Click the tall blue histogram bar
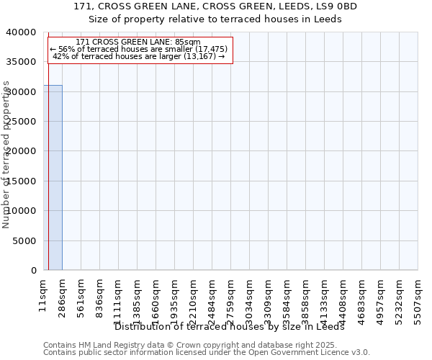tap(53, 177)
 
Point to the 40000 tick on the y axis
tap(22, 32)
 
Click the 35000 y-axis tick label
tap(22, 62)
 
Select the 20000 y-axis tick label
tap(22, 151)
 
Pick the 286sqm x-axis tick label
tap(63, 294)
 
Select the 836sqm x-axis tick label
tap(100, 294)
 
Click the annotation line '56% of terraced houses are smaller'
tap(139, 49)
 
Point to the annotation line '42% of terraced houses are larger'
tap(139, 56)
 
